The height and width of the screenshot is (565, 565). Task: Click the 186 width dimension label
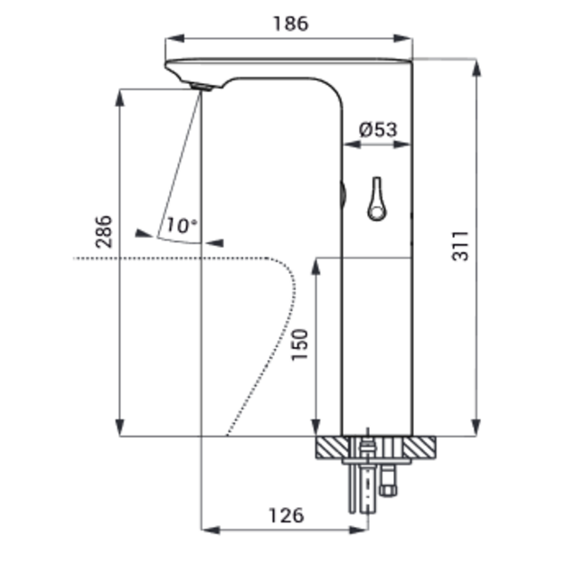point(291,24)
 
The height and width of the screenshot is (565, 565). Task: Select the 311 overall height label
point(461,246)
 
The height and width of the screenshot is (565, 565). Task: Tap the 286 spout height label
point(104,231)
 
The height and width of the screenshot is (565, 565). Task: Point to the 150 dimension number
point(300,344)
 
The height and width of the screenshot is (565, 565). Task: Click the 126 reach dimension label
point(287,515)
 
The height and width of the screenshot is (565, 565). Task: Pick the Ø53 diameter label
point(378,129)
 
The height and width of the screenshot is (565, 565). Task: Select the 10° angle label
point(182,225)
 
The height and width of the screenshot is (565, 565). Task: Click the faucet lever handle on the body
point(377,199)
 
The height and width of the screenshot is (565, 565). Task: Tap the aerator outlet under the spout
point(202,87)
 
